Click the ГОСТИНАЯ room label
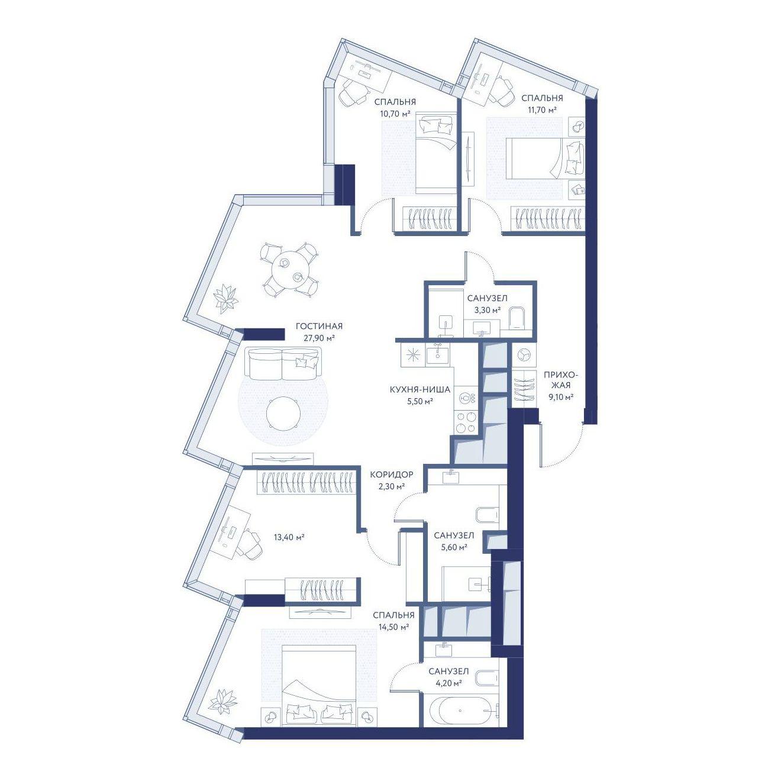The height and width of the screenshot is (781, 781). tap(319, 326)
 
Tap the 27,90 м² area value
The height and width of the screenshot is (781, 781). tap(319, 338)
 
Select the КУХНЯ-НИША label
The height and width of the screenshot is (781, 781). tap(420, 390)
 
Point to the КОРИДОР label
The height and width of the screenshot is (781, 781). tap(392, 474)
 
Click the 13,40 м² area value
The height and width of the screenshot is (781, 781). tap(289, 537)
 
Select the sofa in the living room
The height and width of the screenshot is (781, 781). tap(283, 364)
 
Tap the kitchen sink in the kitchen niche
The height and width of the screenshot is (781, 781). tap(437, 355)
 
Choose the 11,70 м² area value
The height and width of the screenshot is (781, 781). tap(541, 109)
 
